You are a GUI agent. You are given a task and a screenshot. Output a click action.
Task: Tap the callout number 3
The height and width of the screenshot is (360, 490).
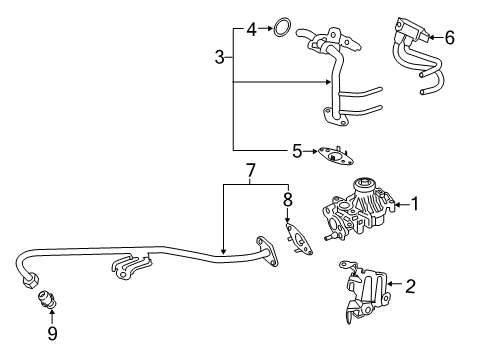tap(219, 58)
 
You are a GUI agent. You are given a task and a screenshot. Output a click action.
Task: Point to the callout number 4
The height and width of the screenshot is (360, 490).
tap(252, 28)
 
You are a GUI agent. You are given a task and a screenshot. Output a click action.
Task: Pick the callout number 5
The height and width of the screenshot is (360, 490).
tap(297, 152)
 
